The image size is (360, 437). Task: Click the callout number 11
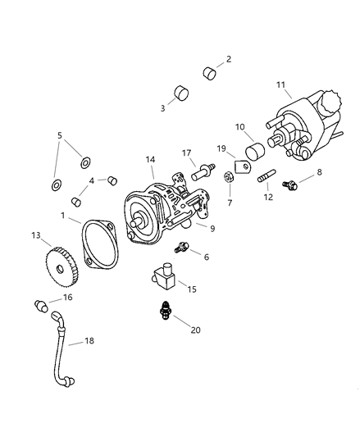coord(280,84)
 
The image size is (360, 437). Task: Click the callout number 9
coord(212,229)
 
